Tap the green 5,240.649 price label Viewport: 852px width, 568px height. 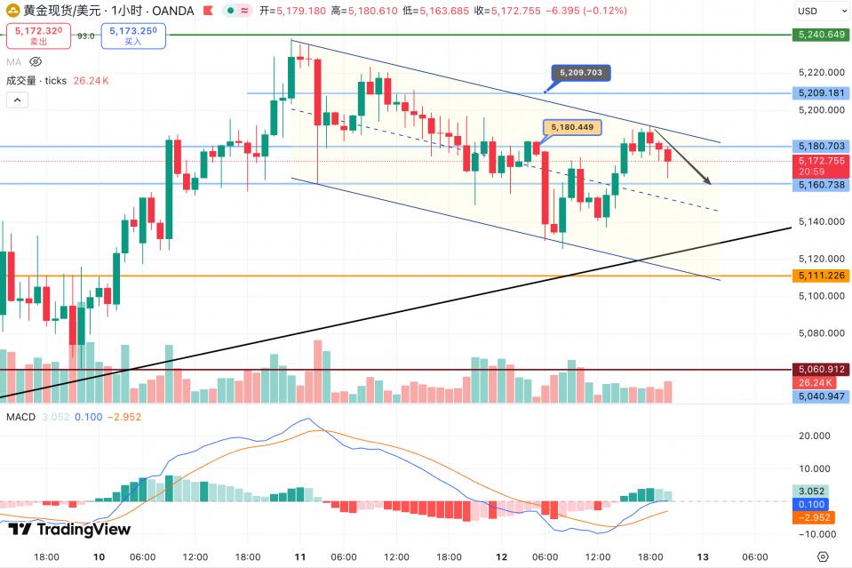[820, 35]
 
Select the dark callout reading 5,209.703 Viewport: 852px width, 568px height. [582, 73]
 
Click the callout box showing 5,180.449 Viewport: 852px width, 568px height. [572, 127]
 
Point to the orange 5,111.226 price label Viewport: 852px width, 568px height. [820, 276]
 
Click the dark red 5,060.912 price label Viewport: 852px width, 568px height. [820, 369]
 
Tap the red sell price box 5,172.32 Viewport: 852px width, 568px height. [37, 36]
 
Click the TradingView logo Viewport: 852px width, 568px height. [70, 530]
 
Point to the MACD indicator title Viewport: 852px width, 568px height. [20, 416]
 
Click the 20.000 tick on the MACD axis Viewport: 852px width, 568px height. [814, 436]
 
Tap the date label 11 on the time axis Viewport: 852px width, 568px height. [300, 557]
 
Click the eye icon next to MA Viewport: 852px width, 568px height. [36, 62]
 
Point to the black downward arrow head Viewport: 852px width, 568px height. [709, 182]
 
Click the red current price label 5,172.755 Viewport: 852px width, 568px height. [820, 160]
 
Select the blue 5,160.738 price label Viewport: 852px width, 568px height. [820, 185]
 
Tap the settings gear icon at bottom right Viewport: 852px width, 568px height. [823, 557]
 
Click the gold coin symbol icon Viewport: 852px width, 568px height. [13, 11]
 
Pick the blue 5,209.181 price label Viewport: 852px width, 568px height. [820, 92]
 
